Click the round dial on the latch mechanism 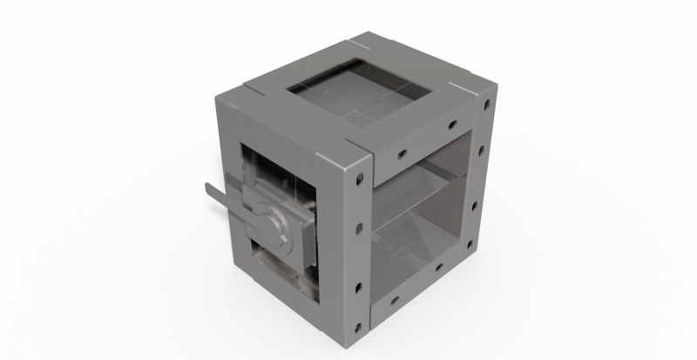point(273,224)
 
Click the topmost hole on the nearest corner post point(358,184)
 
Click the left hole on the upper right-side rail point(401,154)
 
